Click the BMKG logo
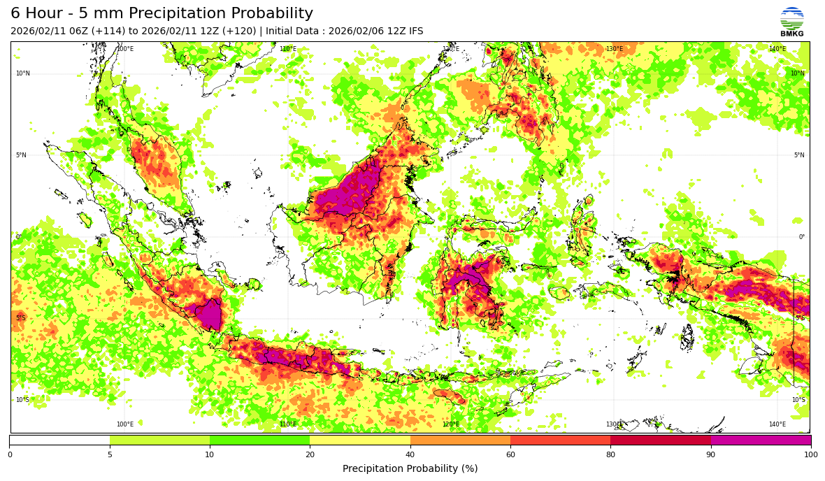coord(791,21)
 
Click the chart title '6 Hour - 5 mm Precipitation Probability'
coord(162,13)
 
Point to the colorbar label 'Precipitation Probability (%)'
coord(410,468)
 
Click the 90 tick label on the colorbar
coord(711,454)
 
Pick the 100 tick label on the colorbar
coord(810,454)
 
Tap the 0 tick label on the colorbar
coord(10,454)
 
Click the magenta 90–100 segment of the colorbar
coord(761,440)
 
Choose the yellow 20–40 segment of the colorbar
coord(360,440)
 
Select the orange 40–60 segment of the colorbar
coord(460,440)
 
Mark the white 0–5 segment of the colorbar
coord(59,440)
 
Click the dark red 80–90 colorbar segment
coord(661,440)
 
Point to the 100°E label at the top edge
coord(125,49)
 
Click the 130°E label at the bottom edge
coord(614,424)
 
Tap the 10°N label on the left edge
coord(23,73)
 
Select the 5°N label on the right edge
coord(798,155)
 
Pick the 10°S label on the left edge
coord(23,400)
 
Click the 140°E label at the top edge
coord(777,49)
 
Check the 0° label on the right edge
coord(802,237)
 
